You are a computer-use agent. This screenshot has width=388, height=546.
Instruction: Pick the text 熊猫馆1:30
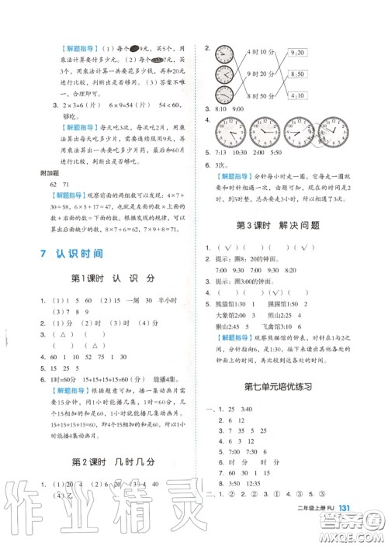click(x=233, y=306)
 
